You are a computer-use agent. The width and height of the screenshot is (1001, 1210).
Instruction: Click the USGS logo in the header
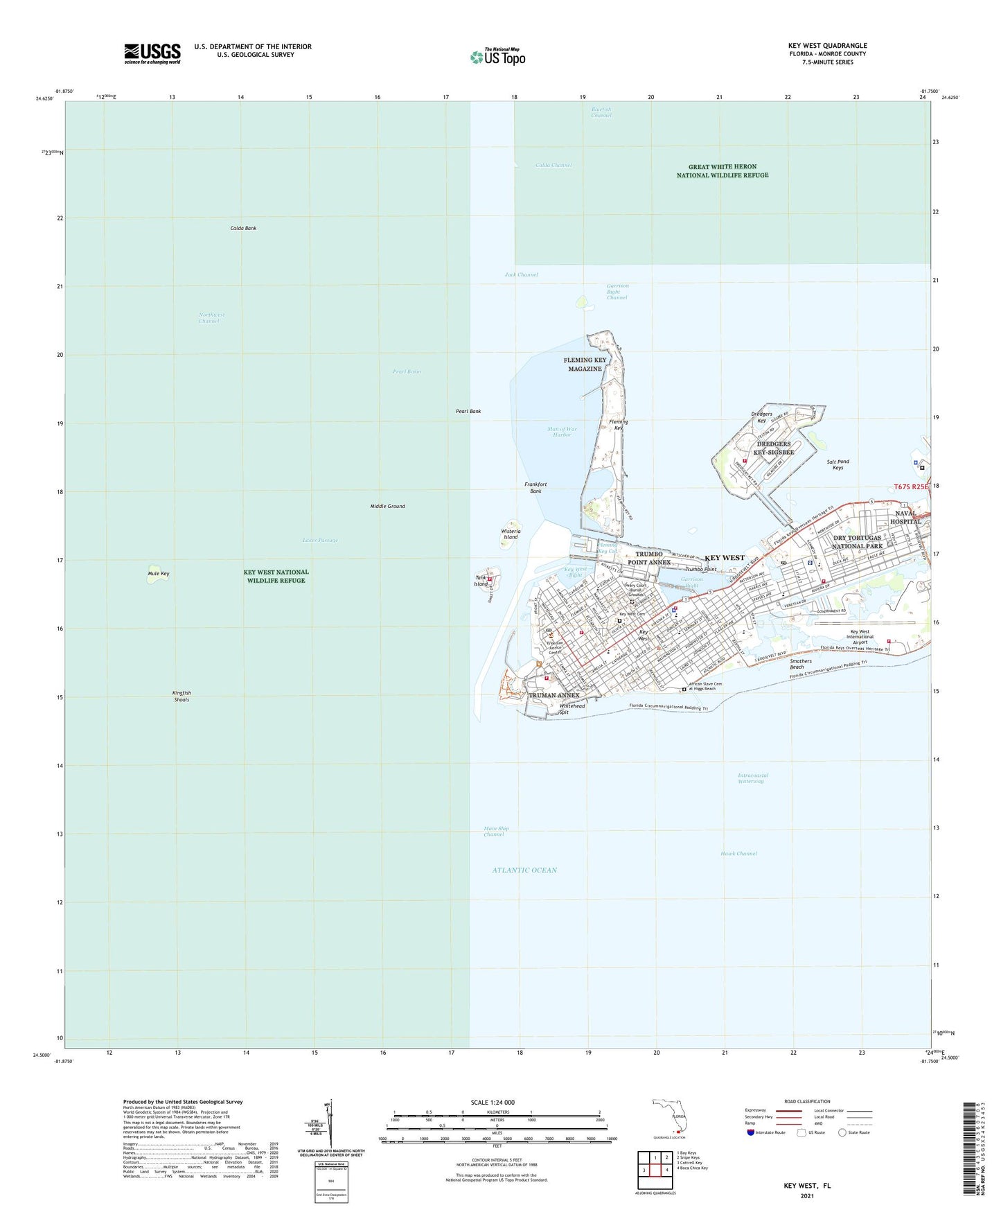[x=152, y=53]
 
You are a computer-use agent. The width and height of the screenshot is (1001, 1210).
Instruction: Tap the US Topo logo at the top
[x=497, y=57]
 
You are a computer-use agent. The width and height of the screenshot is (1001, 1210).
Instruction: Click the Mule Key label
[x=158, y=574]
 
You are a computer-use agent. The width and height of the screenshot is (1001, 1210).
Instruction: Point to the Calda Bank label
[x=243, y=228]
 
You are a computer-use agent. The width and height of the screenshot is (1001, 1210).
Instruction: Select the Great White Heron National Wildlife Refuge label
[x=722, y=171]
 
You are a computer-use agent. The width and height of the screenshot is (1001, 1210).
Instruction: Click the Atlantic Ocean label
[x=524, y=870]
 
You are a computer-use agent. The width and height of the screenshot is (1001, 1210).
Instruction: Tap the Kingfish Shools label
[x=181, y=696]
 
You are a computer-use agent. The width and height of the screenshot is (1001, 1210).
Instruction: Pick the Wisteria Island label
[x=511, y=534]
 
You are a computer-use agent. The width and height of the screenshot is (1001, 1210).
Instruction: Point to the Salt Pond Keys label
[x=838, y=464]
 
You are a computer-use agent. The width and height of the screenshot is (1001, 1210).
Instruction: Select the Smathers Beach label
[x=801, y=664]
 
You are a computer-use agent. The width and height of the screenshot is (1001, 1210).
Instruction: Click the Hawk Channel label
[x=738, y=854]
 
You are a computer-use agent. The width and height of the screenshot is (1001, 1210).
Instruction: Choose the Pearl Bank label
[x=468, y=412]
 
